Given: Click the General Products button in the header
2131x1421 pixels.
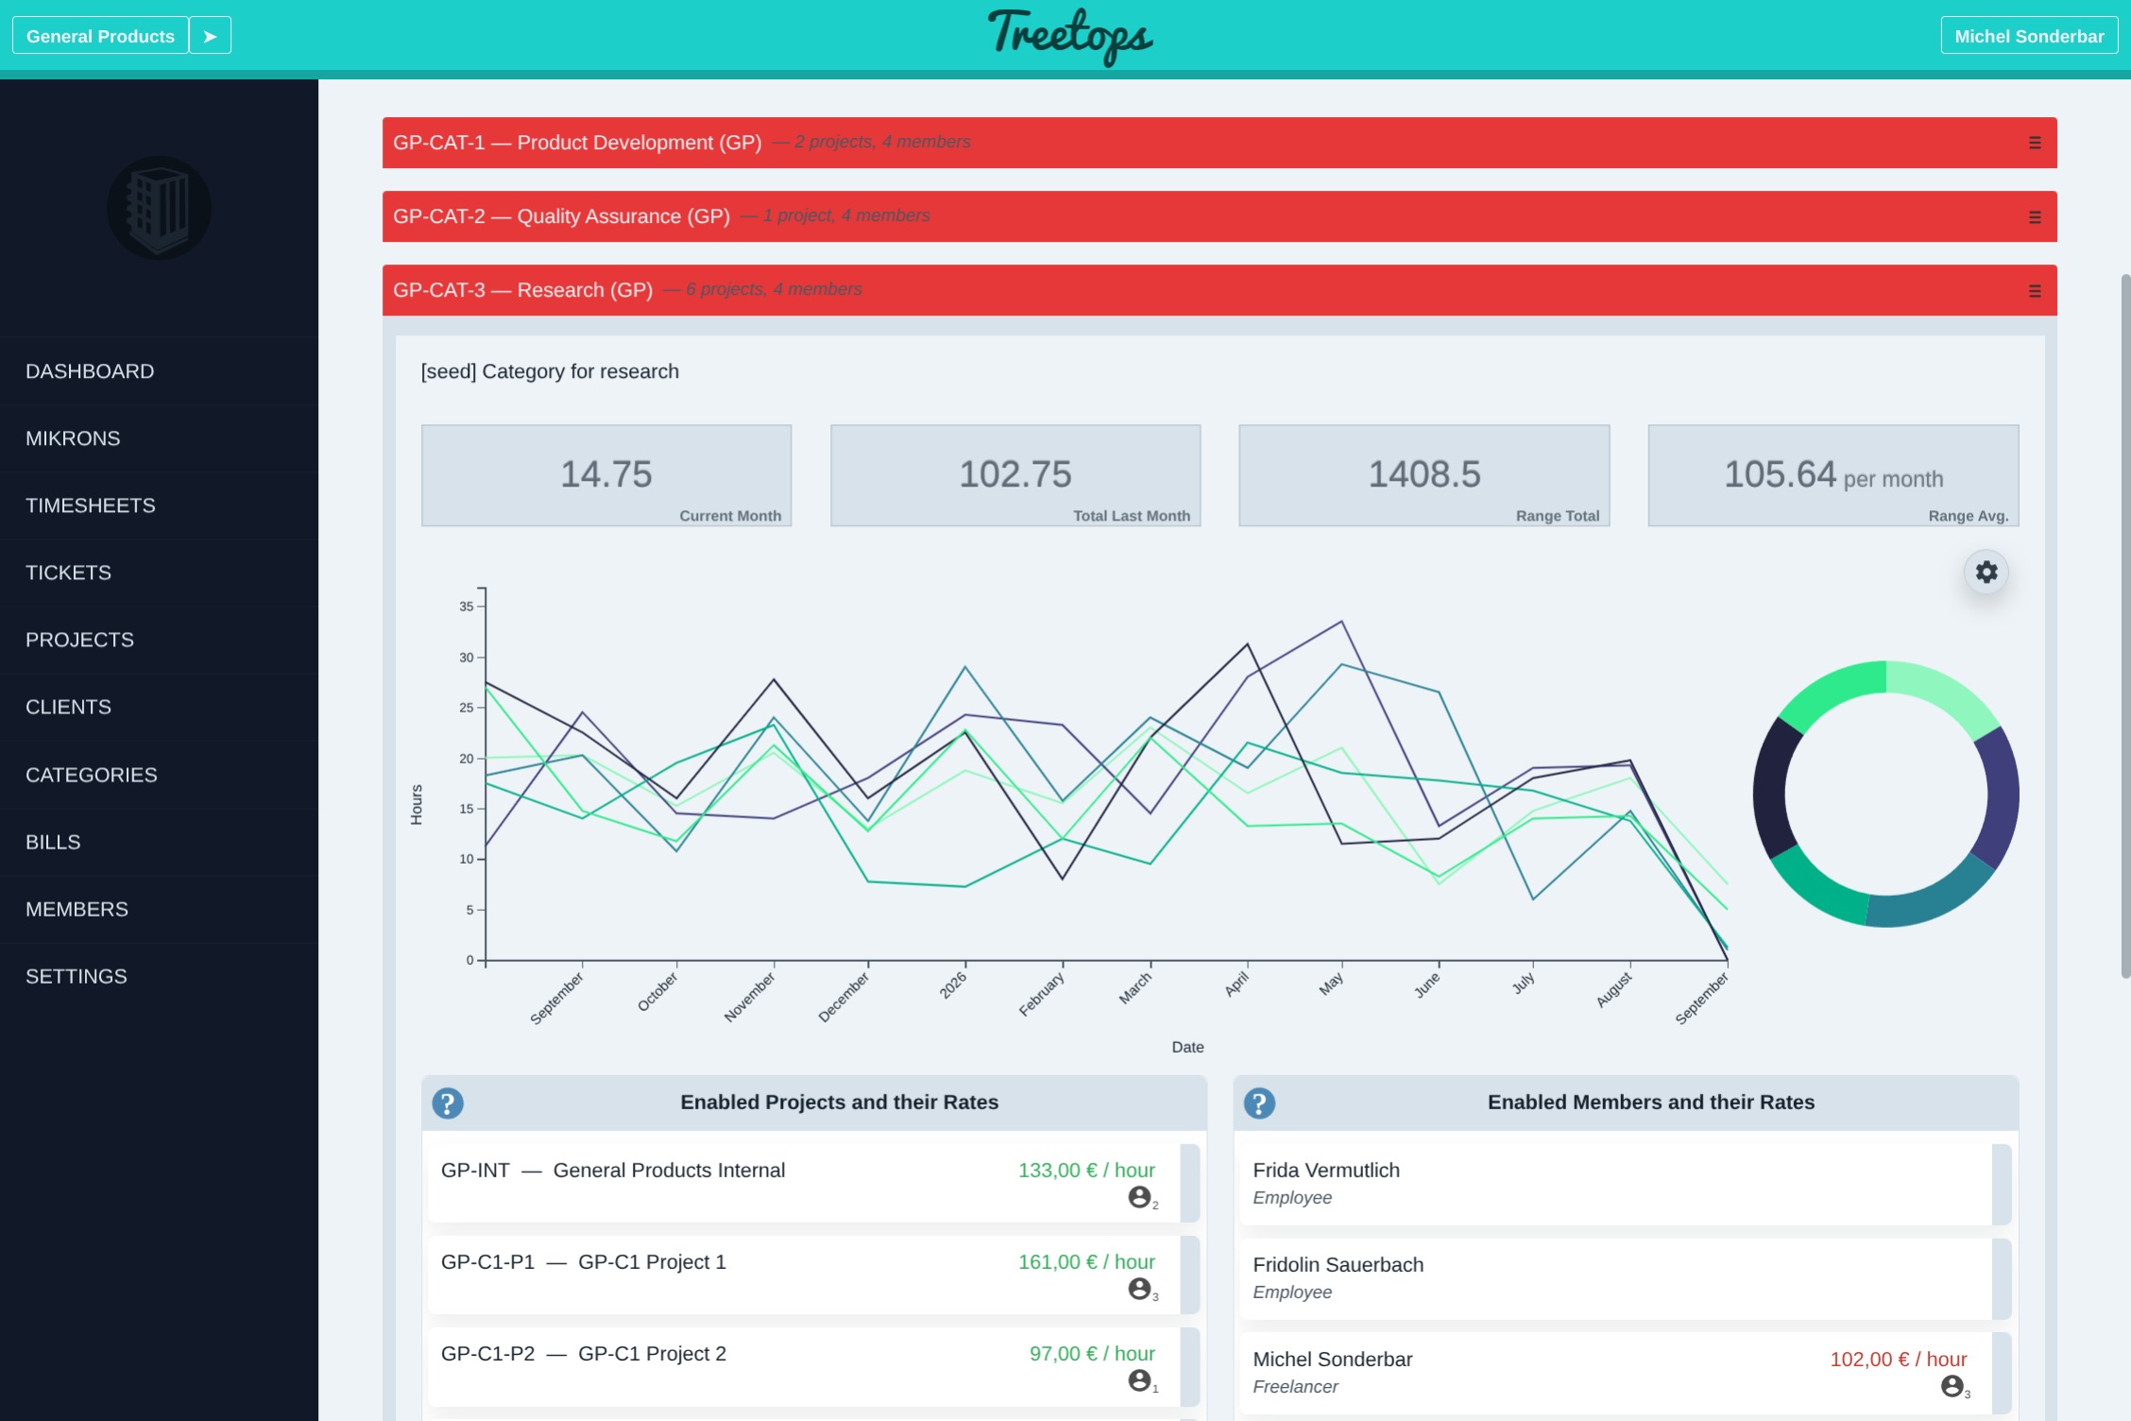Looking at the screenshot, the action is pos(100,36).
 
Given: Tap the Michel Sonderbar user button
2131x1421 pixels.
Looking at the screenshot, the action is pos(2029,36).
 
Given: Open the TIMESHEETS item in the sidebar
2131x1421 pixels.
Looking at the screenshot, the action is pos(91,505).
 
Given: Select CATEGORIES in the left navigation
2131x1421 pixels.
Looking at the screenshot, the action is pos(92,775).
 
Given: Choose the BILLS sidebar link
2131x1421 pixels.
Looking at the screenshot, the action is pos(53,842).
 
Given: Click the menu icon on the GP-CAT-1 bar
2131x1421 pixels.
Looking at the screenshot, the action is pos(2035,143).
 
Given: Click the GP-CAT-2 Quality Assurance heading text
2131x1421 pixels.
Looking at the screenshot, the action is pos(561,216).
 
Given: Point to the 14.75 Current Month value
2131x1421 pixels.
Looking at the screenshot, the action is pos(606,474).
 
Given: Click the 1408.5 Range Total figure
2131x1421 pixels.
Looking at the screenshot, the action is pos(1424,474).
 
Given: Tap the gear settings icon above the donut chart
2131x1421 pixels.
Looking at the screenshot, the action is pos(1986,572).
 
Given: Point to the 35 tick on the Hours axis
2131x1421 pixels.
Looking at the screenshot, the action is pos(467,607).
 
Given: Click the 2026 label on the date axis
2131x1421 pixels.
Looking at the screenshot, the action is pos(953,985).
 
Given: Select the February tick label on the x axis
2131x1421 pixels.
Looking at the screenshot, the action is pos(1041,994).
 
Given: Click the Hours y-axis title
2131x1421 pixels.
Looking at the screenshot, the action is pos(417,804).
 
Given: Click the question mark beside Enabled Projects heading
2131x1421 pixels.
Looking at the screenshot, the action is pos(448,1103).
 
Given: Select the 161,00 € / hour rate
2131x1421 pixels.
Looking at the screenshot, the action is pos(1086,1262).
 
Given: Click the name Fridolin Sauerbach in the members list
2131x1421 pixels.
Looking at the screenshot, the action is pos(1338,1265).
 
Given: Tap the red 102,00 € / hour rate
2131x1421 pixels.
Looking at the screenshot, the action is pos(1899,1360).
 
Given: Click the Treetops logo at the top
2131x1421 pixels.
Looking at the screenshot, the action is pos(1070,36).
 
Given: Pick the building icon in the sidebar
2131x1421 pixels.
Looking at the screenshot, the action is pos(159,208).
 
